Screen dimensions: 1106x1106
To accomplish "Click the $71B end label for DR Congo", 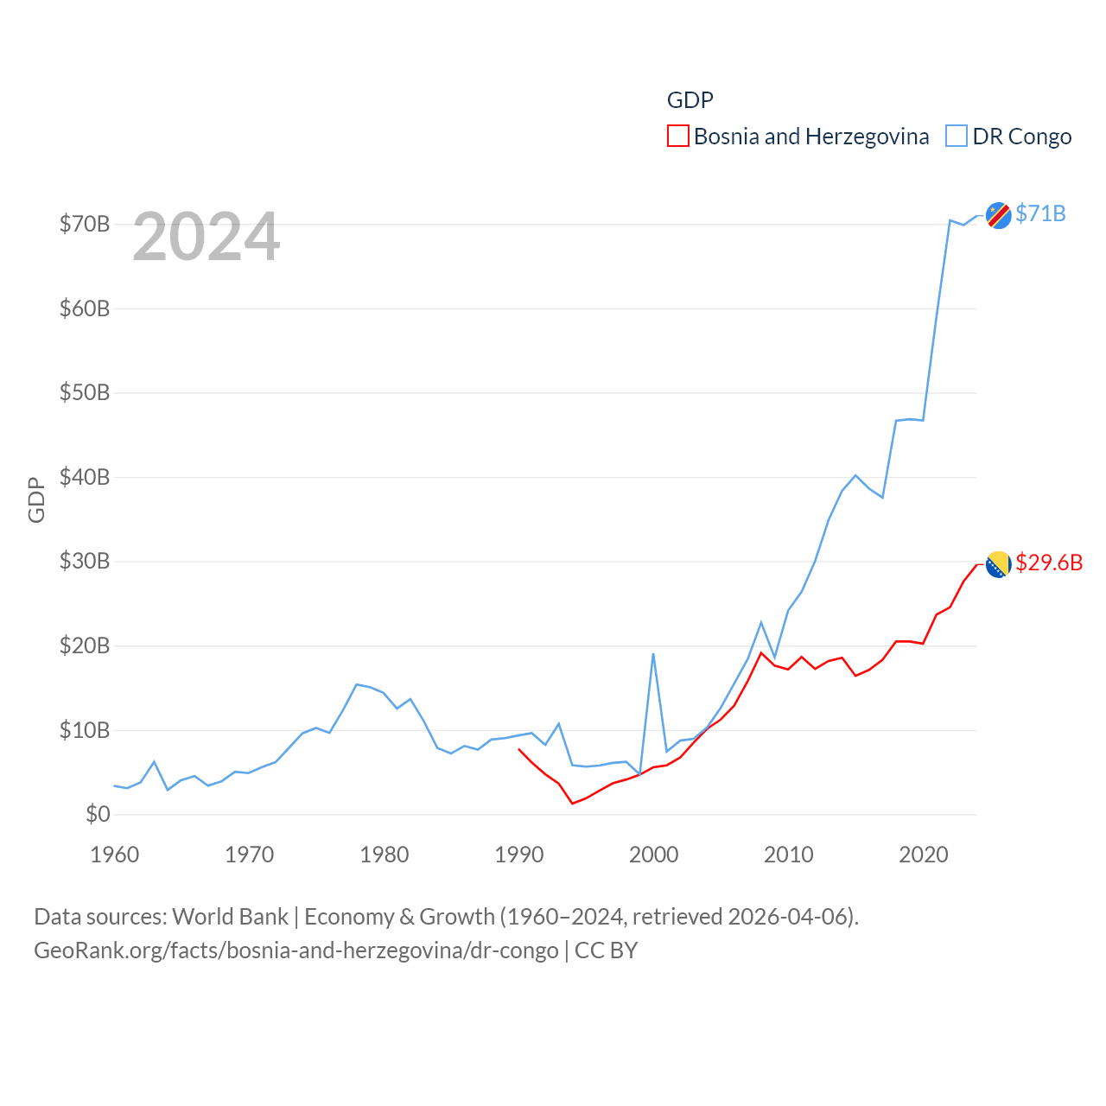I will point(1040,213).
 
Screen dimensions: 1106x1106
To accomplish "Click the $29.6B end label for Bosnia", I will point(1049,563).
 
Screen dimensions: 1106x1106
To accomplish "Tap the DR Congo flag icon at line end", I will point(998,215).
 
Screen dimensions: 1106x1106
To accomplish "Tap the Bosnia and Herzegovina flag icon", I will point(998,564).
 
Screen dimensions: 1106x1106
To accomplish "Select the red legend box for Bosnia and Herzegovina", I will point(677,137).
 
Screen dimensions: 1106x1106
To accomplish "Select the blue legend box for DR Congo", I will point(956,137).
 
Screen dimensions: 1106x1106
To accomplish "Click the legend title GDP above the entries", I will point(690,100).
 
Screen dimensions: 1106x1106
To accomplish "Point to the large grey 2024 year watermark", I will point(206,237).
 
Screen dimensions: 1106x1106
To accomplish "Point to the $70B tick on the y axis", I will point(85,225).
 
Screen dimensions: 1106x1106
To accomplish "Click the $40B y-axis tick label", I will point(85,477).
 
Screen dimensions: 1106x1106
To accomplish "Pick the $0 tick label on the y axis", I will point(98,814).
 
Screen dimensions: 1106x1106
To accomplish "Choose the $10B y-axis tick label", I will point(85,730).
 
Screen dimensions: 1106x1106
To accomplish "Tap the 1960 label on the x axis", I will point(115,855).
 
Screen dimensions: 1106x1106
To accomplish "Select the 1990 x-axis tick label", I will point(519,855).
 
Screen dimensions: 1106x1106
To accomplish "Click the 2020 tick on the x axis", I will point(924,855).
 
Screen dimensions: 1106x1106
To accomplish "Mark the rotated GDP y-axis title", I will point(36,499).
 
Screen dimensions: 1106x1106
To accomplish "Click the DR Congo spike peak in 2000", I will point(653,654).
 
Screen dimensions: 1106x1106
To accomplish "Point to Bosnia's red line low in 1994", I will point(572,804).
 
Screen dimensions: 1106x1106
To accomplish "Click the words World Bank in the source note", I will point(230,917).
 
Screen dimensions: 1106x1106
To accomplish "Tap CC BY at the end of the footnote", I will point(606,950).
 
